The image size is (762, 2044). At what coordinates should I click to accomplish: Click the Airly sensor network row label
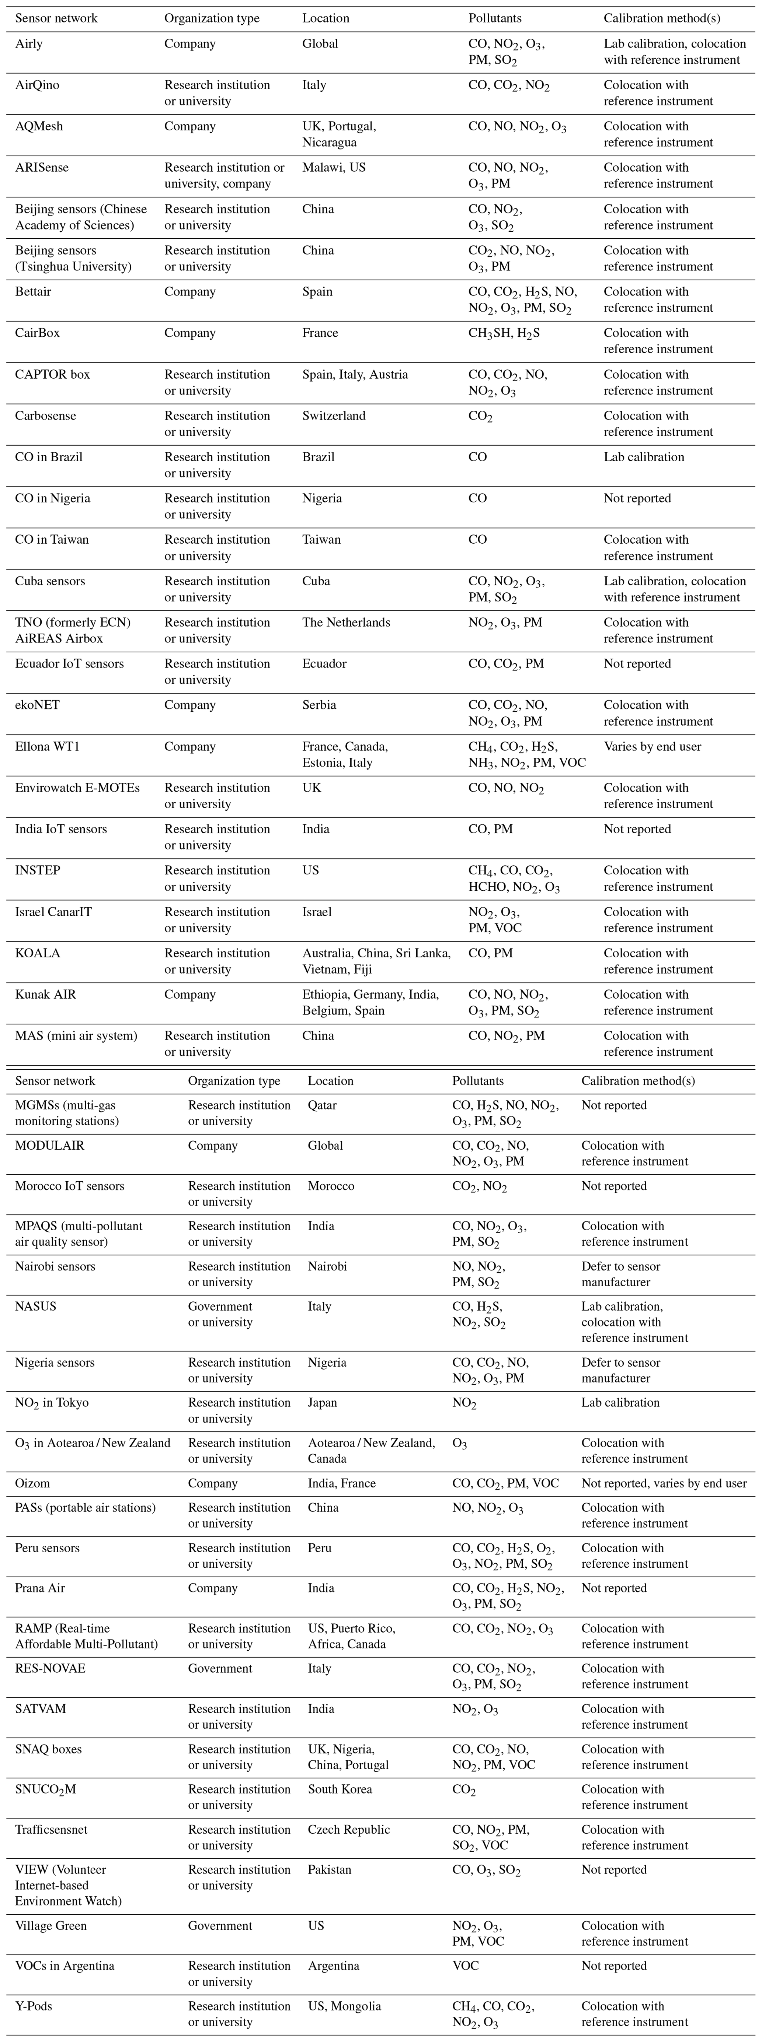(x=29, y=43)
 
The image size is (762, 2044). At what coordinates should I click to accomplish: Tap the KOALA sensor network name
(x=37, y=953)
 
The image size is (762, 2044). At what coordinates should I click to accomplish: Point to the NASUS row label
(x=36, y=1306)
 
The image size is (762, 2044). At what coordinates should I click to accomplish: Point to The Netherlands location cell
(x=346, y=622)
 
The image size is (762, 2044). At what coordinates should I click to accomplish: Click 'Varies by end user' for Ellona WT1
(x=653, y=746)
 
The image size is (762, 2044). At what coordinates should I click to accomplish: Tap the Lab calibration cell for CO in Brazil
(x=644, y=457)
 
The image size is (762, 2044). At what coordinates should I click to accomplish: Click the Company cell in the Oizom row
(x=213, y=1483)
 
